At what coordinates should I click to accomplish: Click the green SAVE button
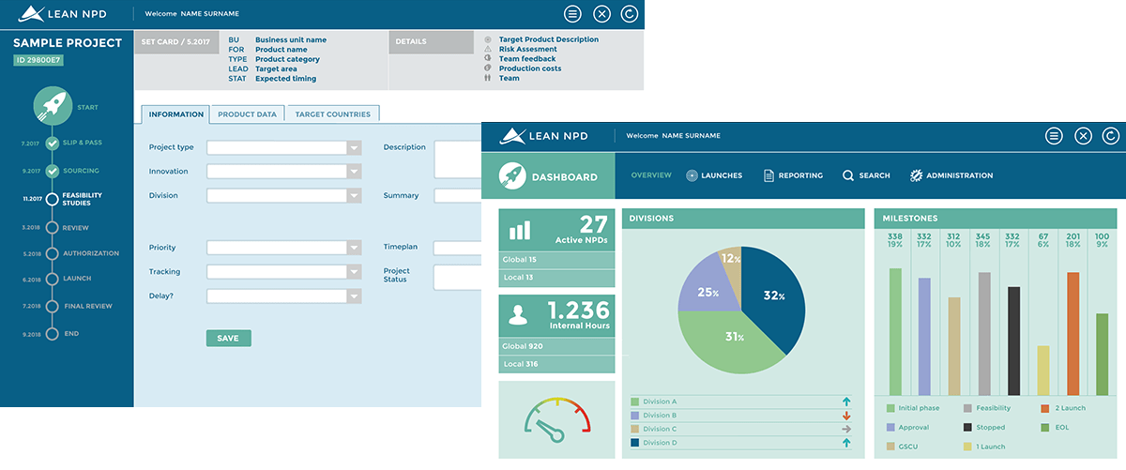click(x=228, y=338)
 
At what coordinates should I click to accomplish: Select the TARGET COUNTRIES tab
click(x=332, y=114)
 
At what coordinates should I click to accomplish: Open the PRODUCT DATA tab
click(x=247, y=114)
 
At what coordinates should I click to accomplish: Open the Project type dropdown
click(x=283, y=147)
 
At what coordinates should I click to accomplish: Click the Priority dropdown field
click(x=283, y=248)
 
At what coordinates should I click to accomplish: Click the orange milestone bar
click(x=1073, y=333)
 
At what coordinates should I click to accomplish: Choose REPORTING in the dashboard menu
click(x=793, y=175)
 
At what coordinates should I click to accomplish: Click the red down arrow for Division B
click(x=846, y=416)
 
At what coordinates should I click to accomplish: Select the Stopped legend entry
click(x=984, y=427)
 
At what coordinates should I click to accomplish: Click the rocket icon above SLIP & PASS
click(x=53, y=107)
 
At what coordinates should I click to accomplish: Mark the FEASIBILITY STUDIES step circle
click(x=52, y=199)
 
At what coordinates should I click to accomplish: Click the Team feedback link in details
click(x=527, y=59)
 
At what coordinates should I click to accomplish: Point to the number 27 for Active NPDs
click(x=593, y=224)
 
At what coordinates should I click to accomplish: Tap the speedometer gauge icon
click(x=557, y=419)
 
